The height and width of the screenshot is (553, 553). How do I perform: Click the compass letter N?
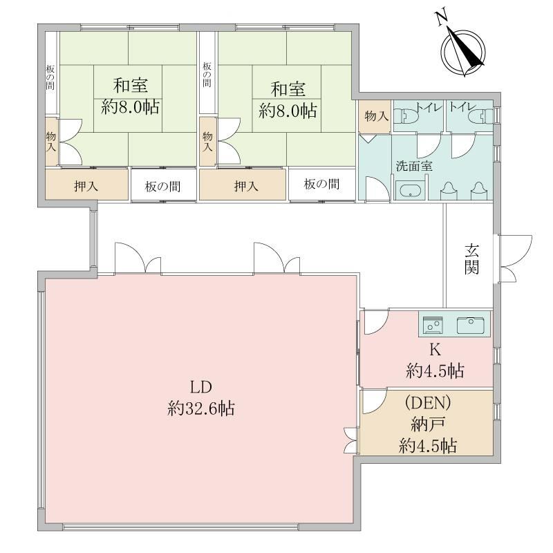442,19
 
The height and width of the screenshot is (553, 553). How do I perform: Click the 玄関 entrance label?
471,259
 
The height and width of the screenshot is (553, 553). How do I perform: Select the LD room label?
201,387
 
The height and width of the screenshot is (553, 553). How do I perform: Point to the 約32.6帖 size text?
200,409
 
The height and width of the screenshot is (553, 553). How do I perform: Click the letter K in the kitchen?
435,350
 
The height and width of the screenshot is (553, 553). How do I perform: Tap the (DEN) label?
428,402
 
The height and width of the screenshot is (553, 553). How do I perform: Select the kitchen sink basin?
471,325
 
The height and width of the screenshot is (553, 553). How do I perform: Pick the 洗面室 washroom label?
414,166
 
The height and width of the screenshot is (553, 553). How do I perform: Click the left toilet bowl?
406,115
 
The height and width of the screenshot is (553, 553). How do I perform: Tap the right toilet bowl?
480,116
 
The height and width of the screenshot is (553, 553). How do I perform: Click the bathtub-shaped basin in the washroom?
410,191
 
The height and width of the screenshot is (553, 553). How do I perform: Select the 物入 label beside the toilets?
376,115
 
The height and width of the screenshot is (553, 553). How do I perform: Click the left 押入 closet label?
86,186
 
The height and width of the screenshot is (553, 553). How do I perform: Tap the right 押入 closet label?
246,186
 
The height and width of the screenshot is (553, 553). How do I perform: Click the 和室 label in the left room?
131,85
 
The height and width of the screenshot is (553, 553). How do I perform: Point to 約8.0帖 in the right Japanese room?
288,111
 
